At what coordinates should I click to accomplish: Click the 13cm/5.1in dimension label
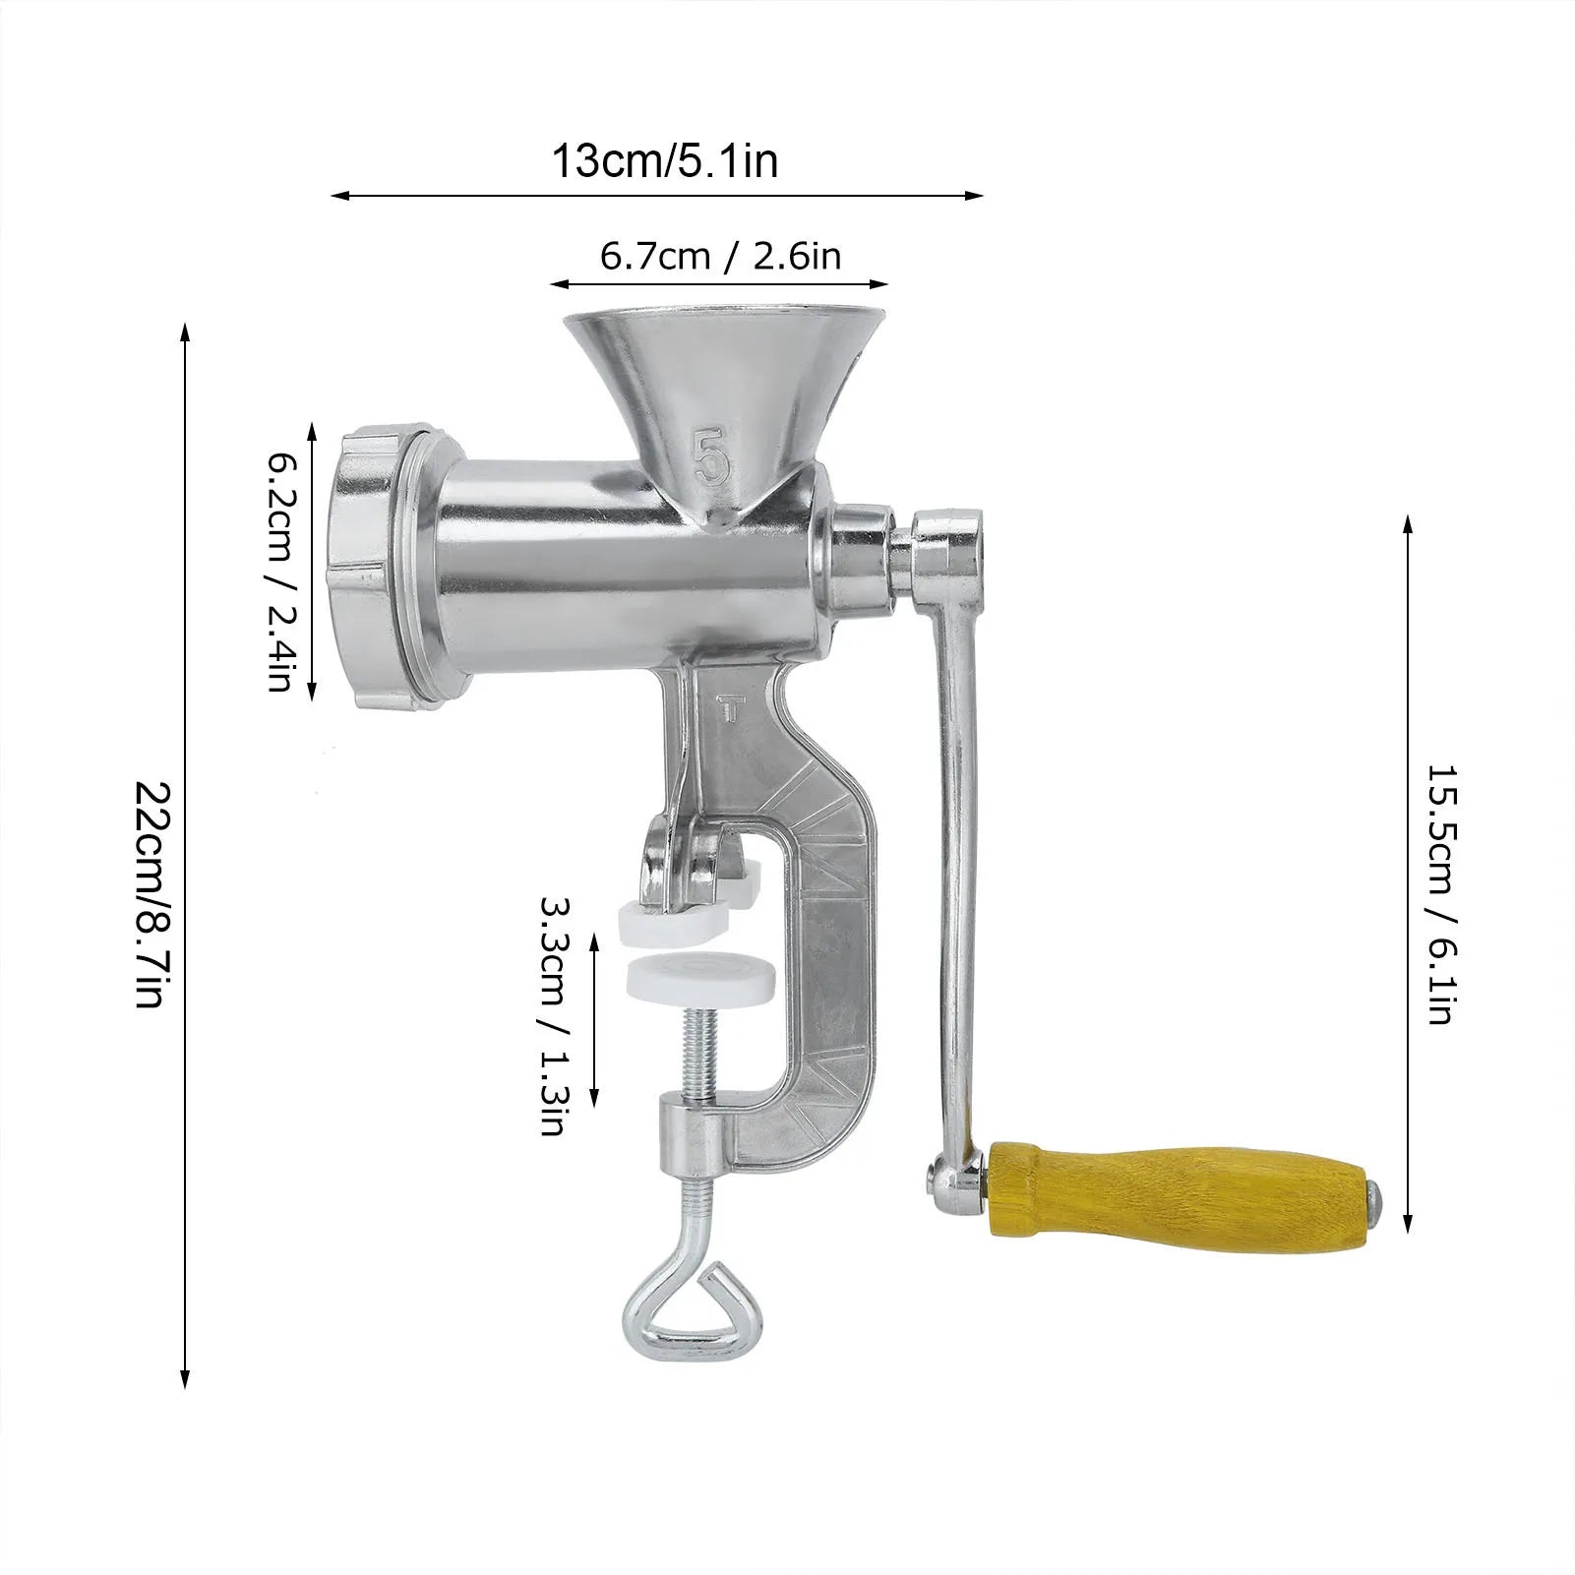[664, 159]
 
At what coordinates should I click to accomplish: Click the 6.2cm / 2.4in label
[280, 571]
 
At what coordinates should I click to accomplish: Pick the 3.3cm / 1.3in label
[554, 1015]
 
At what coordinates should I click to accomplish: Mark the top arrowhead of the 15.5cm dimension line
[1409, 521]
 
